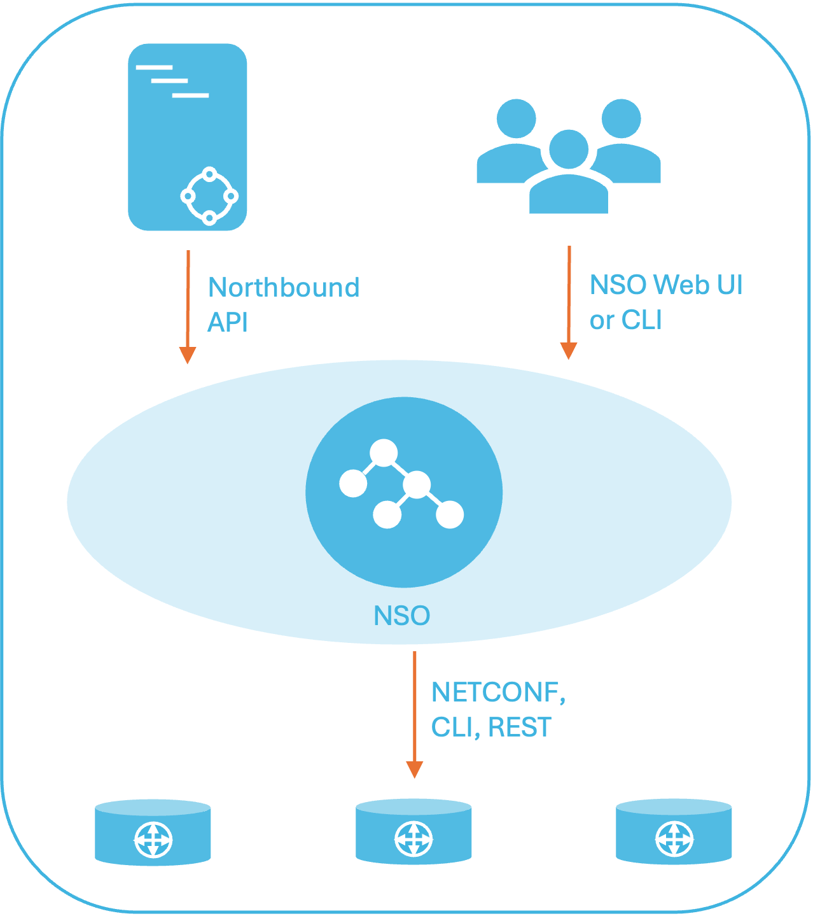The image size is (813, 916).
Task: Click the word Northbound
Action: (284, 288)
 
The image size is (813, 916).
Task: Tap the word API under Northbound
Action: (227, 323)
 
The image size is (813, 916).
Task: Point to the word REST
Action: (520, 728)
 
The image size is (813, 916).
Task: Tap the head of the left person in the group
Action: (516, 118)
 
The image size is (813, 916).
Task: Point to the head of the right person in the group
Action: (621, 118)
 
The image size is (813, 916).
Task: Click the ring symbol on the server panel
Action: (209, 196)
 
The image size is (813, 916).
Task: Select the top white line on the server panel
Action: (154, 67)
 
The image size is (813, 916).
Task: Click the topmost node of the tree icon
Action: (384, 453)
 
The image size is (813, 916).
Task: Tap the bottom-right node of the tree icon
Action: (450, 514)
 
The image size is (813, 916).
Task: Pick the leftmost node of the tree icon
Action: (353, 483)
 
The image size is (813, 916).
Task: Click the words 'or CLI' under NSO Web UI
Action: (625, 320)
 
